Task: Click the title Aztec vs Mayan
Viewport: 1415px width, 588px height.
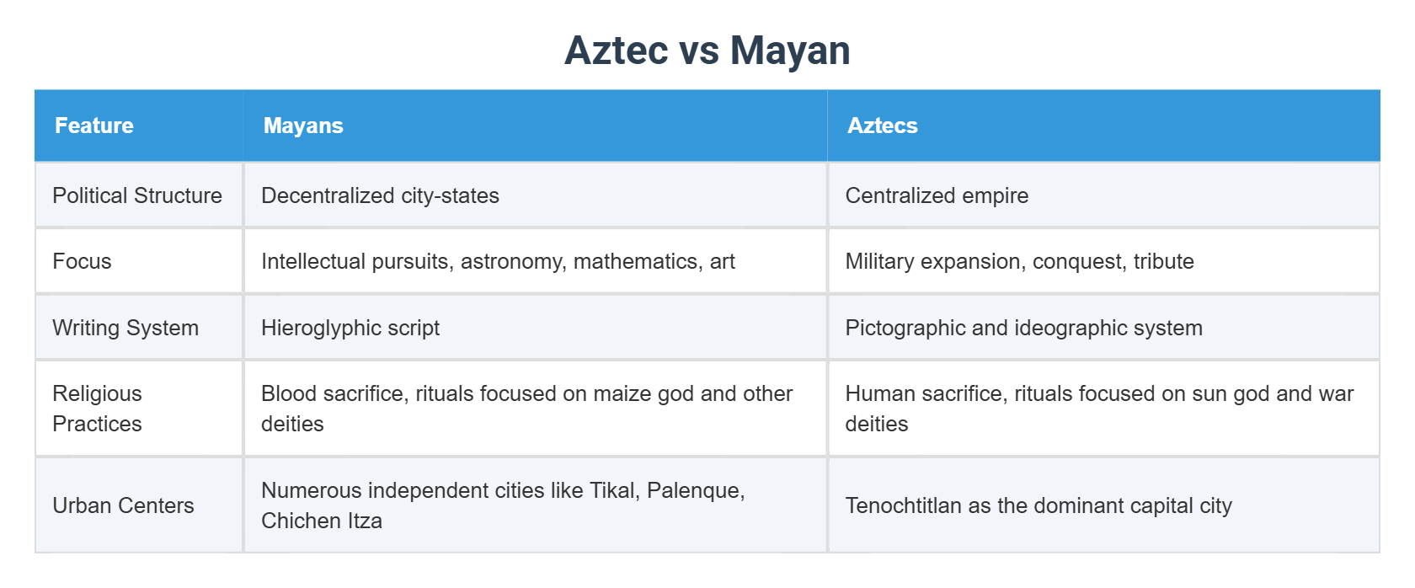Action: point(707,51)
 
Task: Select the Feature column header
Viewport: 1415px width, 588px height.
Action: point(94,126)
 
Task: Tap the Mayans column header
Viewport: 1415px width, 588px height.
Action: point(303,126)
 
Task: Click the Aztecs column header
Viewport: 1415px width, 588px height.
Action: point(882,126)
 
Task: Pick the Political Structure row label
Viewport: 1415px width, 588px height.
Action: point(137,195)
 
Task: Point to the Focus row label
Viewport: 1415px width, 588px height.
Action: point(82,261)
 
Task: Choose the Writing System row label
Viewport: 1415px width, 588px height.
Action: point(125,328)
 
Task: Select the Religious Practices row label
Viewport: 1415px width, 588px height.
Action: point(97,409)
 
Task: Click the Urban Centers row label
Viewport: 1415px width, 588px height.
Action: point(123,505)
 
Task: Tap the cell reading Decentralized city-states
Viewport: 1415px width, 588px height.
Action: point(380,195)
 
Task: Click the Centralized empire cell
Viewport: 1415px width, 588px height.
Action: point(937,195)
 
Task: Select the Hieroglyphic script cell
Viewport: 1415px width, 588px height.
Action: point(350,328)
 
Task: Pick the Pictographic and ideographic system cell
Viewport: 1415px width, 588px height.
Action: point(1023,328)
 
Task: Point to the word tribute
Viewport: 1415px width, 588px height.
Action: point(1163,261)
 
